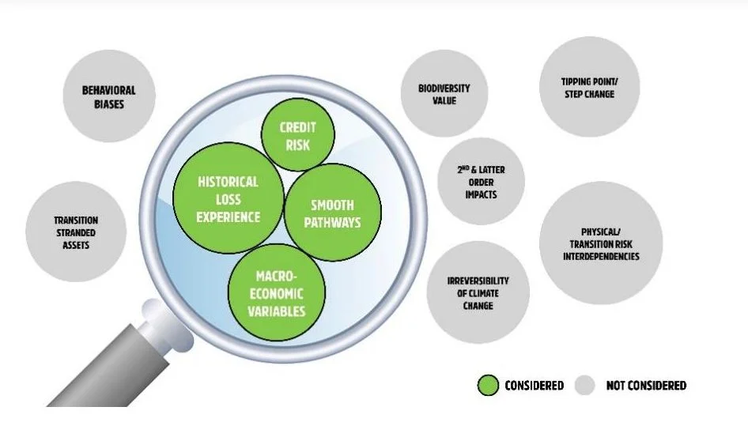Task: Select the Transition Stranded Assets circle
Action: click(x=76, y=232)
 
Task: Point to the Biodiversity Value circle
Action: click(x=444, y=95)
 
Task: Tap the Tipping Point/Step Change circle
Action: click(x=587, y=87)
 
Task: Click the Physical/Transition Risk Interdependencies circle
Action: click(x=610, y=244)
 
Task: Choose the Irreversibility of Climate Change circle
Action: click(x=478, y=293)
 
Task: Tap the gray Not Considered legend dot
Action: click(x=585, y=386)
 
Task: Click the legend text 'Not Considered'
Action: click(x=646, y=386)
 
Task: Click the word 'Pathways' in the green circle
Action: click(x=332, y=222)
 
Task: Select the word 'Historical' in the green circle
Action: click(x=228, y=182)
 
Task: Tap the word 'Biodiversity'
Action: click(x=444, y=89)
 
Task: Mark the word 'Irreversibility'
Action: click(x=478, y=281)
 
